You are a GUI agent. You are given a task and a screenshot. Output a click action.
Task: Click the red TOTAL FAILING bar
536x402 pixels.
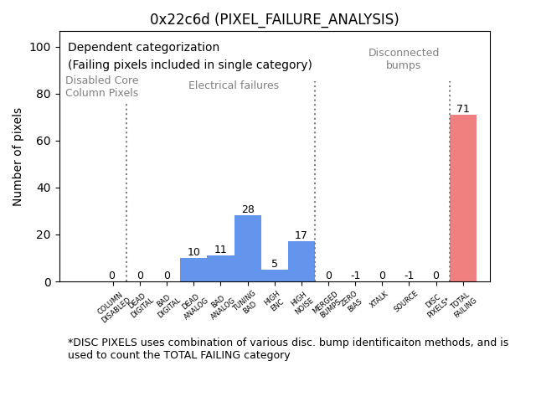tap(462, 198)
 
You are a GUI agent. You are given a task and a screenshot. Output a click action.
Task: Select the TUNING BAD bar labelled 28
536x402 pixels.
tap(248, 249)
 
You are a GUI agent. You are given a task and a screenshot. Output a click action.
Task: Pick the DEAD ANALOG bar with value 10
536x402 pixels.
tap(193, 270)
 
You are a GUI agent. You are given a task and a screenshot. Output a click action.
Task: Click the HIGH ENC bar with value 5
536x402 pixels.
tap(275, 276)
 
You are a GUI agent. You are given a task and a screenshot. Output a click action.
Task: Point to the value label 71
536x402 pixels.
tap(462, 109)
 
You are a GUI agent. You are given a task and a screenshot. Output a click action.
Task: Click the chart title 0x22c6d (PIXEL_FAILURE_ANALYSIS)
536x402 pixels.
tap(274, 19)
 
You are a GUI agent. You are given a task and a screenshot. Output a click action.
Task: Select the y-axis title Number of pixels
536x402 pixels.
tap(18, 157)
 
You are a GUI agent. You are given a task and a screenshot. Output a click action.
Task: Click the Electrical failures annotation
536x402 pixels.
tap(234, 85)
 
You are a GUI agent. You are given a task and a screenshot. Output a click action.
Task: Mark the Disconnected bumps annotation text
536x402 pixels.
tap(404, 59)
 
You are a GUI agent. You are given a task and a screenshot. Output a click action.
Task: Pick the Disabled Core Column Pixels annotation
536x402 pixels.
tap(102, 86)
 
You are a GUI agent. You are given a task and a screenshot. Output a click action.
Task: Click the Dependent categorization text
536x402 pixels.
tap(143, 48)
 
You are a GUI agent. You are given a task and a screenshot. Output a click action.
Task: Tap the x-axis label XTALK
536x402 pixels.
tap(379, 299)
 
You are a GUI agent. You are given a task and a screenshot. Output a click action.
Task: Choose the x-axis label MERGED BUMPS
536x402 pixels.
tap(327, 304)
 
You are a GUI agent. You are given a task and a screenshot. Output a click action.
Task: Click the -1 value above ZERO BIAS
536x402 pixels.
tap(355, 276)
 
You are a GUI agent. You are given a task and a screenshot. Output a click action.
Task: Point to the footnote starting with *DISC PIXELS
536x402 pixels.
tap(287, 348)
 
